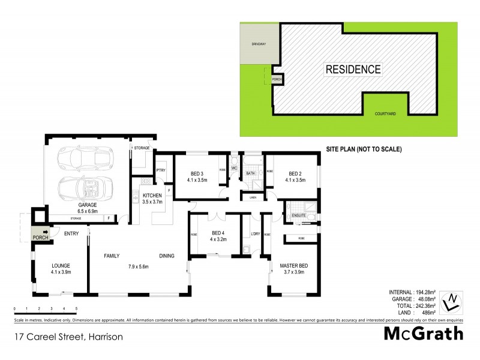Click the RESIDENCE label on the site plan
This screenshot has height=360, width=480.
pyautogui.click(x=353, y=69)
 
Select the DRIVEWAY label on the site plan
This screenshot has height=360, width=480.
pyautogui.click(x=251, y=44)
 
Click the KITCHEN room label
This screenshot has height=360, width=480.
pyautogui.click(x=152, y=196)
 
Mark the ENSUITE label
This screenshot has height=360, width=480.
pyautogui.click(x=299, y=214)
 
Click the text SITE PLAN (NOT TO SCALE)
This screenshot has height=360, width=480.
pyautogui.click(x=363, y=148)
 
